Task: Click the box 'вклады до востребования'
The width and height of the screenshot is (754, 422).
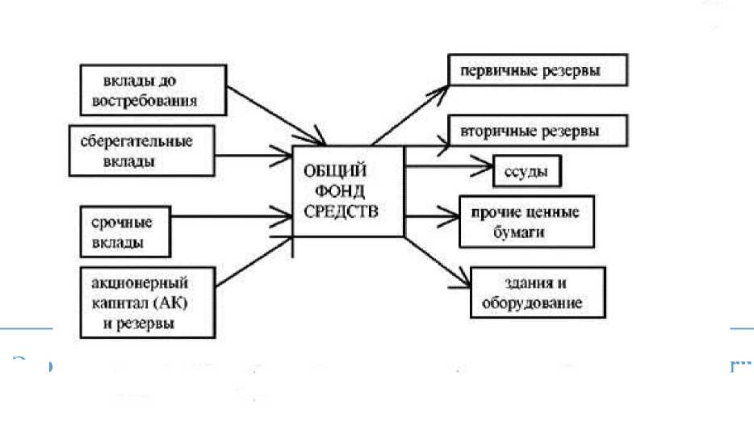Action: click(151, 90)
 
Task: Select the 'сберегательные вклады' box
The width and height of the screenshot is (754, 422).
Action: click(143, 151)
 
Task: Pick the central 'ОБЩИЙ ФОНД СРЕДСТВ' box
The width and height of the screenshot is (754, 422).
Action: click(347, 192)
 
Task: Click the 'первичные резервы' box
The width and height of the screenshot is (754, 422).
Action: click(537, 71)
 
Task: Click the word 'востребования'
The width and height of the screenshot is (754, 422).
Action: click(152, 101)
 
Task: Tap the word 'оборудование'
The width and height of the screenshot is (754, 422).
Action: click(531, 304)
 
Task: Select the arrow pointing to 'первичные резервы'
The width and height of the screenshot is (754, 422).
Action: click(411, 108)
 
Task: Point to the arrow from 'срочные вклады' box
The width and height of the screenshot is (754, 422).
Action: click(234, 215)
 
